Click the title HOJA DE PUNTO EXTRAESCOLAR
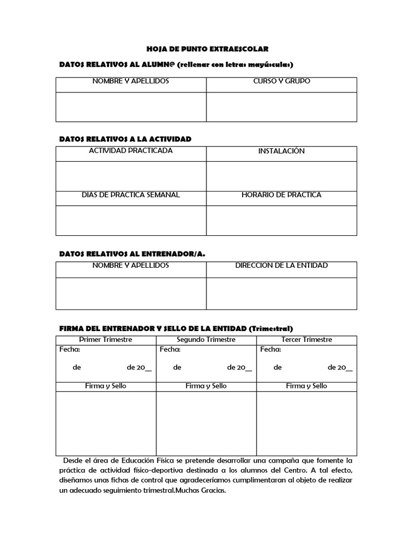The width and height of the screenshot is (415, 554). [207, 49]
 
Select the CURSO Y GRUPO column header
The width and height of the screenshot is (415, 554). [282, 82]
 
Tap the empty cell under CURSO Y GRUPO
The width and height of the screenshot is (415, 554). [282, 107]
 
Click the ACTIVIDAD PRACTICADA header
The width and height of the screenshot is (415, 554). [131, 151]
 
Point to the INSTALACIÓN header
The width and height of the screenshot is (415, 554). [282, 151]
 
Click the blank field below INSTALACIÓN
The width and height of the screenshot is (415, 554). [282, 176]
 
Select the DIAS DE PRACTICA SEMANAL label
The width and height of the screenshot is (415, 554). [131, 195]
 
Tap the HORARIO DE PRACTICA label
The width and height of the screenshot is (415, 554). [282, 195]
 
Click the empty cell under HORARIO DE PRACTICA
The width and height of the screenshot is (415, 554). [282, 220]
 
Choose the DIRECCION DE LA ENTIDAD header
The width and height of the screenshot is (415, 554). [282, 266]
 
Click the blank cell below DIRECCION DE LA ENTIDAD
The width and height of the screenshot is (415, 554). [282, 293]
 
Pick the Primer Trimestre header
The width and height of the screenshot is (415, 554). [106, 340]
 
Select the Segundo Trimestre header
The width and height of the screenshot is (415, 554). [206, 340]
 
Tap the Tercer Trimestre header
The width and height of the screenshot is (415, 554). [307, 340]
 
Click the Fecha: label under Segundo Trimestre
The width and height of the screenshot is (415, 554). [170, 349]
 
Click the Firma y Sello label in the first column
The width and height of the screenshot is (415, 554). [106, 386]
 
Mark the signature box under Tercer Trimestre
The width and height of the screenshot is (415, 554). [307, 423]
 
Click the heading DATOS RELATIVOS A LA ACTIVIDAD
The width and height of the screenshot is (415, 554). [125, 139]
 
